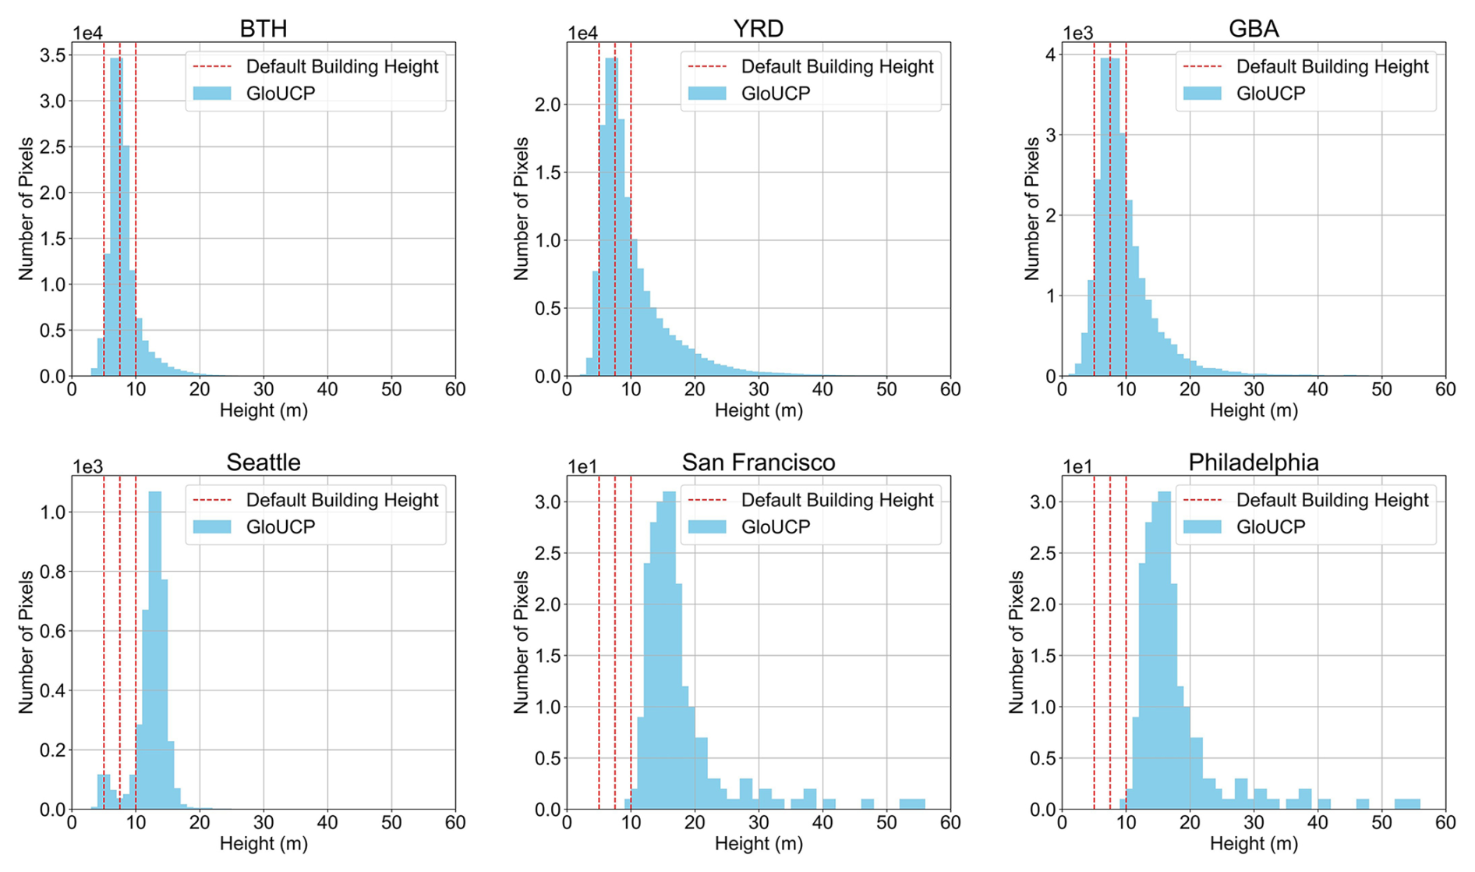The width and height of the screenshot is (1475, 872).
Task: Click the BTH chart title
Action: click(x=263, y=29)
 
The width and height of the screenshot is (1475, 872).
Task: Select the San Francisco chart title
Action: click(x=758, y=463)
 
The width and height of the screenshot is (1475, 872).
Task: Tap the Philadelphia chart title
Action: click(x=1253, y=463)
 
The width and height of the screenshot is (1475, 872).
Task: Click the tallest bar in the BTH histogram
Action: click(x=116, y=218)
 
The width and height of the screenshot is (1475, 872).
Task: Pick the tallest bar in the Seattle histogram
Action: click(x=154, y=647)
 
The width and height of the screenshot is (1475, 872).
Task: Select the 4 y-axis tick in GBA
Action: click(x=1051, y=55)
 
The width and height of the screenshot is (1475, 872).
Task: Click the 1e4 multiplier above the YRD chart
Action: click(x=582, y=33)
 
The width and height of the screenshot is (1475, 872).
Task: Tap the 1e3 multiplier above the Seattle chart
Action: click(x=87, y=466)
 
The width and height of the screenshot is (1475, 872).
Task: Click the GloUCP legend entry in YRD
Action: click(x=775, y=94)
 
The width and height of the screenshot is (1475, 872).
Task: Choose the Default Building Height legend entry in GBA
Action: click(x=1332, y=67)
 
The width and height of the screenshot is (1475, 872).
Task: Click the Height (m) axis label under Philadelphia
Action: click(x=1253, y=843)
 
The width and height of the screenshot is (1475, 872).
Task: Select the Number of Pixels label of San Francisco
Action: click(x=521, y=641)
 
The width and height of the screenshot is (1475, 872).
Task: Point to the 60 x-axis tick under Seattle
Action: click(x=455, y=823)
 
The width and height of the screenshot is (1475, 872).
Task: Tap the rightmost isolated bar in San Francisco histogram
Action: click(x=911, y=803)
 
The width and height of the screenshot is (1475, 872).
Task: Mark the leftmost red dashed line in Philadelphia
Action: click(x=1094, y=641)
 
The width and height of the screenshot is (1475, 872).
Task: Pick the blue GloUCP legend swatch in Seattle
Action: click(x=211, y=527)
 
